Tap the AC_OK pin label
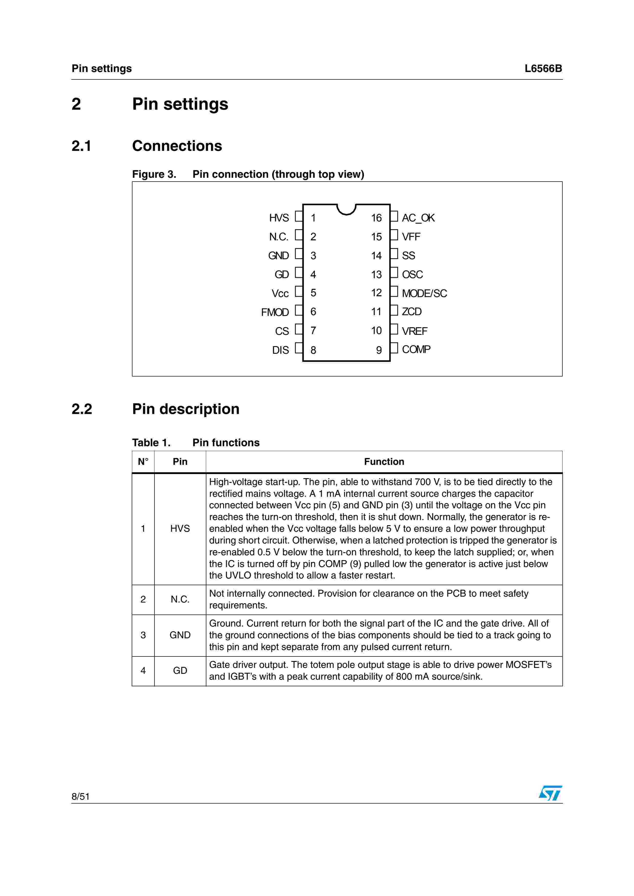(x=418, y=218)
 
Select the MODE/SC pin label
(x=424, y=293)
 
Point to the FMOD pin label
(x=275, y=312)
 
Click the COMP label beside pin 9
(x=416, y=349)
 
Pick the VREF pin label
(x=415, y=331)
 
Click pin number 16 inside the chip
(x=376, y=218)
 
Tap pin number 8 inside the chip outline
(x=313, y=350)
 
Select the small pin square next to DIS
(x=299, y=348)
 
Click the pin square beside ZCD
(x=394, y=310)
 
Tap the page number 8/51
(x=81, y=796)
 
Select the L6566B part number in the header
(x=543, y=69)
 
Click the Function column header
(x=384, y=462)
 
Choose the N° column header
(x=143, y=462)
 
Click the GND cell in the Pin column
(x=180, y=635)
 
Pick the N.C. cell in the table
(x=180, y=599)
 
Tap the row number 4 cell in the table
(x=143, y=670)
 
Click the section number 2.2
(x=82, y=409)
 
